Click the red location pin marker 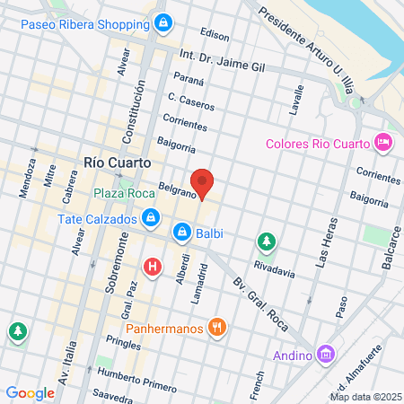(x=202, y=183)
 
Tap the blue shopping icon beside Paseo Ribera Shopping (x=162, y=22)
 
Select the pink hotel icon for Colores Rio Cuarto (x=383, y=143)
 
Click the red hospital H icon (x=153, y=267)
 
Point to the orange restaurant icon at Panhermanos (x=215, y=328)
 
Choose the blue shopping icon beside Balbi (x=182, y=233)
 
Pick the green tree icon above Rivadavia (x=266, y=242)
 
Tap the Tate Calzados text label (x=96, y=219)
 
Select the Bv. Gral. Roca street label (x=251, y=297)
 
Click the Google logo (x=30, y=393)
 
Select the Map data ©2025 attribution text (x=364, y=396)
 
